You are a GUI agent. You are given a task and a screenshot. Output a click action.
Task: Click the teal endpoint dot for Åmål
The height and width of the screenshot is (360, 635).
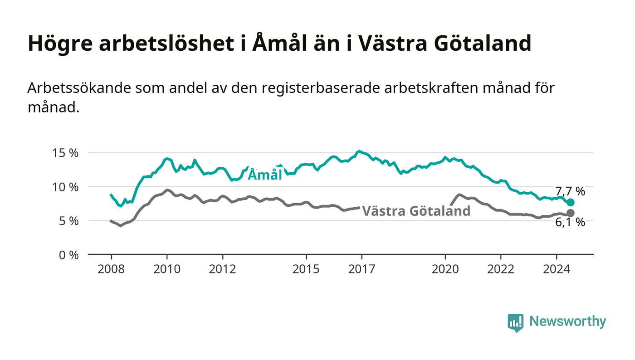pyautogui.click(x=571, y=202)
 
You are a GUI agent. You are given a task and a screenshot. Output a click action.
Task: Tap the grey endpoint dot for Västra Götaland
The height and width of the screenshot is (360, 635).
pyautogui.click(x=571, y=213)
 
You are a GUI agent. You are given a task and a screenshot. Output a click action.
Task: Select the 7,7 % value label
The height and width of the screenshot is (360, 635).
pyautogui.click(x=570, y=191)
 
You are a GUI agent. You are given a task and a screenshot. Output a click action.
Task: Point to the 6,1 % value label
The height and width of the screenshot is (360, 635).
pyautogui.click(x=570, y=223)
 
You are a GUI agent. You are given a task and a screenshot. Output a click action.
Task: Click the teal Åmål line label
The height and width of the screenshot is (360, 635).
pyautogui.click(x=265, y=174)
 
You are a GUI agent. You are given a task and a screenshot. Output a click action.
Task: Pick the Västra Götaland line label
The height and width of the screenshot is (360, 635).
pyautogui.click(x=416, y=211)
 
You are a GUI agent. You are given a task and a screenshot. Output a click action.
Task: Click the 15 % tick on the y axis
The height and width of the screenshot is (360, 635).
pyautogui.click(x=65, y=153)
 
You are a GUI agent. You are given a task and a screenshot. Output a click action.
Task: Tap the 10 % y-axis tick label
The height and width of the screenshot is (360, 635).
pyautogui.click(x=65, y=187)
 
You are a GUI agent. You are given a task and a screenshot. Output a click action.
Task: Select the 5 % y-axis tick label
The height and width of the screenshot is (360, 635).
pyautogui.click(x=68, y=221)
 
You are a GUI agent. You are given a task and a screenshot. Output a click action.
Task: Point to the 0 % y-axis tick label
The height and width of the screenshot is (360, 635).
pyautogui.click(x=68, y=255)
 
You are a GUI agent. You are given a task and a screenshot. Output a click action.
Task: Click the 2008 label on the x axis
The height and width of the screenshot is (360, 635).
pyautogui.click(x=111, y=269)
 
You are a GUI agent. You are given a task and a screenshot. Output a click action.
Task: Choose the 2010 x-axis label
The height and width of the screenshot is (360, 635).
pyautogui.click(x=167, y=269)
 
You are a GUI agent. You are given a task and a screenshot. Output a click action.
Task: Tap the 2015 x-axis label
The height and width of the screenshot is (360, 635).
pyautogui.click(x=306, y=269)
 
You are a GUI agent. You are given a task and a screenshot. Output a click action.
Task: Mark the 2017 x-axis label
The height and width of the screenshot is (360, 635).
pyautogui.click(x=362, y=269)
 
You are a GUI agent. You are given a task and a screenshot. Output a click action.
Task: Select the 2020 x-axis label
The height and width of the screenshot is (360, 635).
pyautogui.click(x=445, y=269)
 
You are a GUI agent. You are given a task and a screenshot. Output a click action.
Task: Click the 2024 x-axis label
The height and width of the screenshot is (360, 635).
pyautogui.click(x=557, y=269)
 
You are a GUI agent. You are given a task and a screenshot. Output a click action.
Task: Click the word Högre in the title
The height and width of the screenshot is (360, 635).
pyautogui.click(x=60, y=44)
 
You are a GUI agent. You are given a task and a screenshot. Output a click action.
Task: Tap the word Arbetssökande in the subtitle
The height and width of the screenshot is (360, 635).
pyautogui.click(x=79, y=88)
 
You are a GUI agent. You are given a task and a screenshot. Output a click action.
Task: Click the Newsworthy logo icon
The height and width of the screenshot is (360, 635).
pyautogui.click(x=515, y=323)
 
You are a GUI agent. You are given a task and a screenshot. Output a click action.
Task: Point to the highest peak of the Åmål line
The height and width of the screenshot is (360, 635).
pyautogui.click(x=359, y=151)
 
